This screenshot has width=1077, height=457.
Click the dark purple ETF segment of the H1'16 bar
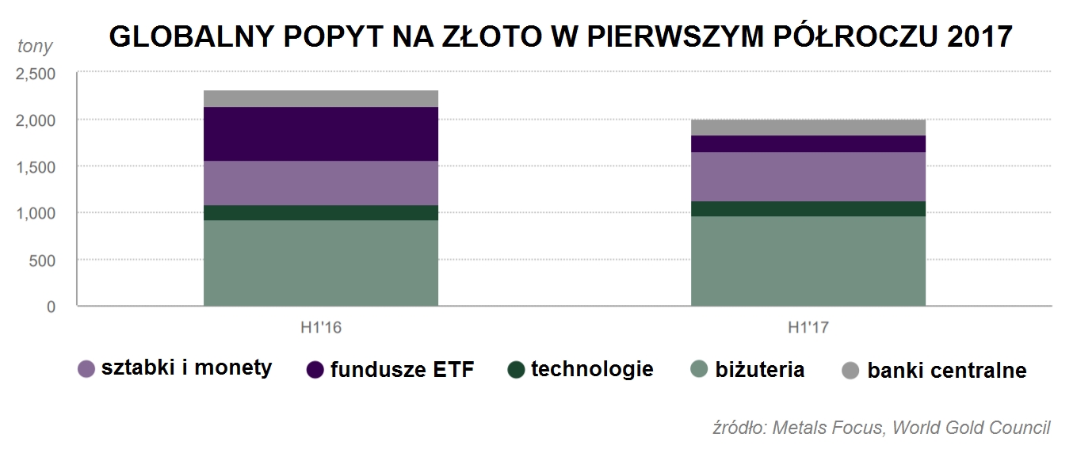(x=320, y=134)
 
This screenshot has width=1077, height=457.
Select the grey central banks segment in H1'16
(x=320, y=98)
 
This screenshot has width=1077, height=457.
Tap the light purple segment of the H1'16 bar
(x=320, y=183)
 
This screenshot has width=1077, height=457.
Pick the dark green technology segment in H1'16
(x=320, y=212)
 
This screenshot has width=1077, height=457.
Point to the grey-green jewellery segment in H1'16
(x=320, y=262)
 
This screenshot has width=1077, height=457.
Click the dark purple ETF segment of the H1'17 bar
(x=808, y=143)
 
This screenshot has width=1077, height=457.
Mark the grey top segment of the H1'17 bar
(x=808, y=128)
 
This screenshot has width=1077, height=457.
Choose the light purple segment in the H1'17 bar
(x=808, y=176)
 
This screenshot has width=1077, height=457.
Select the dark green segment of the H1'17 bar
(x=808, y=208)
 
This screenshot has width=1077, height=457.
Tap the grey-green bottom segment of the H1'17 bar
(x=808, y=261)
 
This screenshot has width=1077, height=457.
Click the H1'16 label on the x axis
(x=320, y=326)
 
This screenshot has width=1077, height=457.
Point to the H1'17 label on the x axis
(x=808, y=326)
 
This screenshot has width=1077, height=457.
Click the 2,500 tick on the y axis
(x=36, y=74)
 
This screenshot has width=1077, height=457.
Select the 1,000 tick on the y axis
(x=36, y=213)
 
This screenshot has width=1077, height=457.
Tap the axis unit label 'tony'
(x=35, y=46)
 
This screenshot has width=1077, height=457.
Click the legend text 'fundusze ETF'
(x=402, y=370)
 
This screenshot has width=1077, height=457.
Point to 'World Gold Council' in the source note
(x=971, y=428)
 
